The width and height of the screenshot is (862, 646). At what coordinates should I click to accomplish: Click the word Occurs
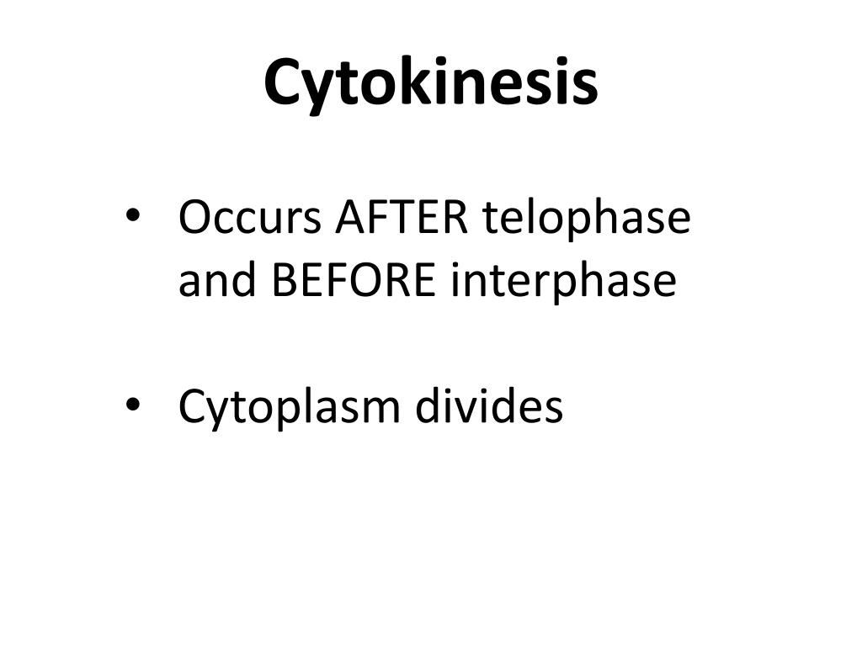coord(250,218)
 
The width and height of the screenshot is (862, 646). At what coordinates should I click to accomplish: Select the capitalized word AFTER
coord(402,218)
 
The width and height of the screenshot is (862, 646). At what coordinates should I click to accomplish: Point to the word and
coord(218,279)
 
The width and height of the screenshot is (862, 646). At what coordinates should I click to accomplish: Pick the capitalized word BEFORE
coord(354,280)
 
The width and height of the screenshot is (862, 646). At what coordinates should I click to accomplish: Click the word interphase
coord(563,283)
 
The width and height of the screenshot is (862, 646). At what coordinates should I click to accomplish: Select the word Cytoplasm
coord(290,410)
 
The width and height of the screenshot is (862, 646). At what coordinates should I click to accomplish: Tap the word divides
coord(489,405)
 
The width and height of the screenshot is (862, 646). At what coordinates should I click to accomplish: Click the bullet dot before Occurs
coord(133,215)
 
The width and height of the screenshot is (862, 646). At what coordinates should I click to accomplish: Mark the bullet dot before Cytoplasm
coord(133,405)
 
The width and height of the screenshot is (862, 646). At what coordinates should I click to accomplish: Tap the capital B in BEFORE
coord(285,280)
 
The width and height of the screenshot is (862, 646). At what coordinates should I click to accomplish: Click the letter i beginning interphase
coord(455,279)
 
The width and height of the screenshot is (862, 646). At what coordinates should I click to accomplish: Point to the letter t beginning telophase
coord(490,220)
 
